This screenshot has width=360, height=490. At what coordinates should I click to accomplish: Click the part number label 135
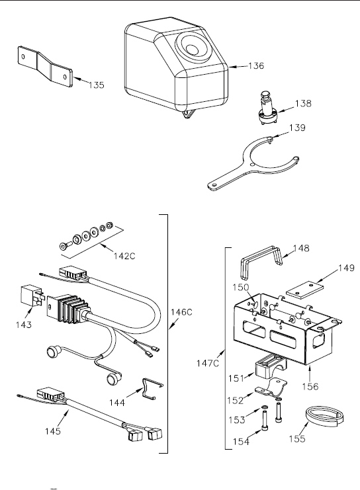coord(97,85)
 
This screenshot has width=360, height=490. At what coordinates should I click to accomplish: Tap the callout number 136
coord(256,65)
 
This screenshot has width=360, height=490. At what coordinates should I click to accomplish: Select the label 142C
coord(124,256)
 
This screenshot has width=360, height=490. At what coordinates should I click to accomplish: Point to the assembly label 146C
coord(181,312)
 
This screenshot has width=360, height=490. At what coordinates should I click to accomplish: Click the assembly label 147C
coord(208,363)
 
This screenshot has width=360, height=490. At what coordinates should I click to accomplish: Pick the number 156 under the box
coord(310,387)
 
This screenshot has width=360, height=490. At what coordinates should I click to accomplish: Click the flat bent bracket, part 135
coord(46,66)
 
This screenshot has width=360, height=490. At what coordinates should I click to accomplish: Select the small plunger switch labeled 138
coord(267,108)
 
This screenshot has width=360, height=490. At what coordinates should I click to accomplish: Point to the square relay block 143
coord(30,296)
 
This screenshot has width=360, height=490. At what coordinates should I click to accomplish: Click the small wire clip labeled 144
coord(152,388)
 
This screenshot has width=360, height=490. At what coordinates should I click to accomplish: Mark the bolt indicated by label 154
coord(265,421)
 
